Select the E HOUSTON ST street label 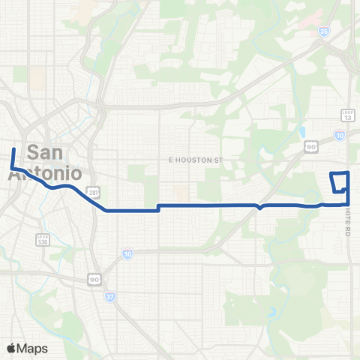(196, 160)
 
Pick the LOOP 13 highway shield (346, 115)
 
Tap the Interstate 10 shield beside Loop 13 (340, 135)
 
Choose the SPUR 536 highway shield (43, 241)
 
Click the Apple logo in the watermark (11, 347)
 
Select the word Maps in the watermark (33, 347)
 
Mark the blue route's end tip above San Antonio (13, 149)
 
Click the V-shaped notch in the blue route (259, 208)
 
